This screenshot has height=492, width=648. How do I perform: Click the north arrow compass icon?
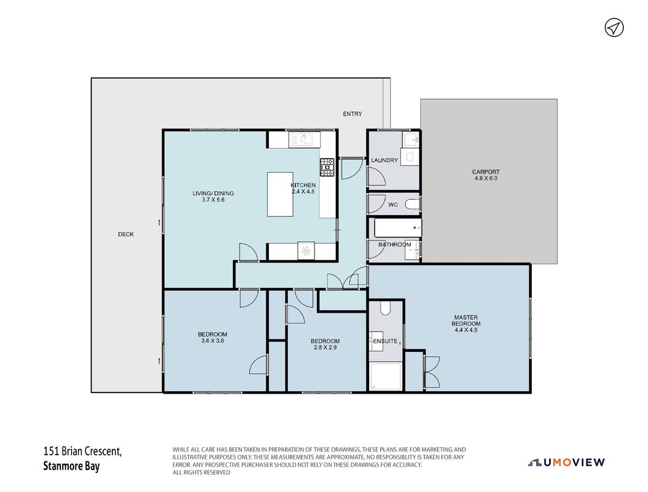click(614, 28)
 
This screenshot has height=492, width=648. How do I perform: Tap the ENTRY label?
click(352, 114)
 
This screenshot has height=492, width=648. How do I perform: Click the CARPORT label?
click(486, 172)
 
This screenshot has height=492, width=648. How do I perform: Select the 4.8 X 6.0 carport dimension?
click(486, 178)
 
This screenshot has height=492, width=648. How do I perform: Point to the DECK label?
click(126, 234)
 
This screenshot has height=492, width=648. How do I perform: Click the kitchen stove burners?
click(327, 167)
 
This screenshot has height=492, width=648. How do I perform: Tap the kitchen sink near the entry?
click(305, 140)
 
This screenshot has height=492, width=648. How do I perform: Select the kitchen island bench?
click(280, 194)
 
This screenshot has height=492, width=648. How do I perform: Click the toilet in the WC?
click(412, 204)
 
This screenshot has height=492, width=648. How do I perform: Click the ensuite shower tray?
click(386, 376)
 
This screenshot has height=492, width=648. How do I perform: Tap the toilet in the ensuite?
click(385, 308)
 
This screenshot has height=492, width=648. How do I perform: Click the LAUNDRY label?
click(385, 160)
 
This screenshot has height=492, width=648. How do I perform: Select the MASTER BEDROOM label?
click(466, 320)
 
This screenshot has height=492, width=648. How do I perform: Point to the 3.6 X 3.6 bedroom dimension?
click(213, 341)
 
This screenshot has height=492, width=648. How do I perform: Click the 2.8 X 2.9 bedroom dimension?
click(326, 347)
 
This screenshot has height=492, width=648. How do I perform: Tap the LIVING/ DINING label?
click(213, 193)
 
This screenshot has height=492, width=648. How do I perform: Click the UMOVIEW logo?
click(566, 462)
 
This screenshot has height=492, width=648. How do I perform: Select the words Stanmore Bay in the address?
click(71, 466)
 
